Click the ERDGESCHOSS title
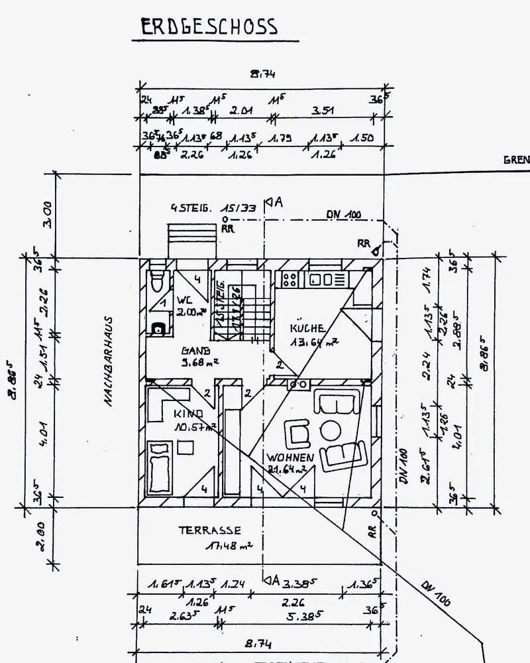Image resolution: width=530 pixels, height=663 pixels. [209, 27]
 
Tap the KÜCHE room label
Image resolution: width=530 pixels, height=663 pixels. [307, 328]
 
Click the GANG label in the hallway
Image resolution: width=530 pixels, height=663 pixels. [195, 351]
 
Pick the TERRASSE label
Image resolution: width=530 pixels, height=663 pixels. [209, 530]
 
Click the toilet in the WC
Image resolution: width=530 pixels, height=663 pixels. [156, 280]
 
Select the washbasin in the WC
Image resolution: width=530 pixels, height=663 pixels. [157, 327]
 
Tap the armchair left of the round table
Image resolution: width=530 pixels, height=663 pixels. [298, 434]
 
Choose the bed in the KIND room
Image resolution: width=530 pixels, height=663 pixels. [160, 469]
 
